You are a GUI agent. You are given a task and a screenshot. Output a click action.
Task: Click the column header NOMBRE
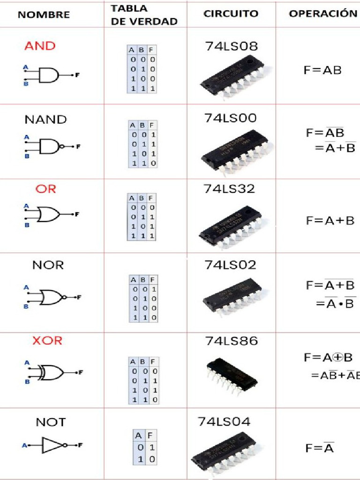pos(44,15)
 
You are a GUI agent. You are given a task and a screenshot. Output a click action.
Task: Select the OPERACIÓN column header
pos(323,13)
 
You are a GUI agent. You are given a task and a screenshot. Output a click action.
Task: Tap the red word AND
pos(40,46)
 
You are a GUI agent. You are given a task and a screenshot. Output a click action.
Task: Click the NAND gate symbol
pos(50,146)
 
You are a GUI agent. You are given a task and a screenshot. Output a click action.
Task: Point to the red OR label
pos(45,189)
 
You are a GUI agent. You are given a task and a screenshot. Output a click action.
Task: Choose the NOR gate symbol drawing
pos(51,297)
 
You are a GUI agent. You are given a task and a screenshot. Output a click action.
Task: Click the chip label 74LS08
pos(231,46)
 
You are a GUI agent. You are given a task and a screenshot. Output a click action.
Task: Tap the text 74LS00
pos(230,118)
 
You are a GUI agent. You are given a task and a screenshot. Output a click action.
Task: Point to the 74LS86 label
pos(232,341)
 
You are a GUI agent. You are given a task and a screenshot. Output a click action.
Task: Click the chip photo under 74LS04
pos(224,452)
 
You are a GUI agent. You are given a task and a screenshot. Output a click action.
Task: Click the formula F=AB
pos(322,70)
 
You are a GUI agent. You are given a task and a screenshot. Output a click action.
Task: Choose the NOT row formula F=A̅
pos(319,448)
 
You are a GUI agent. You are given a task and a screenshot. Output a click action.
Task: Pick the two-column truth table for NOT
pos(144,447)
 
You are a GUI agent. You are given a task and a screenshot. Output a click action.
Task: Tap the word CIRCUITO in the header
pos(231,14)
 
